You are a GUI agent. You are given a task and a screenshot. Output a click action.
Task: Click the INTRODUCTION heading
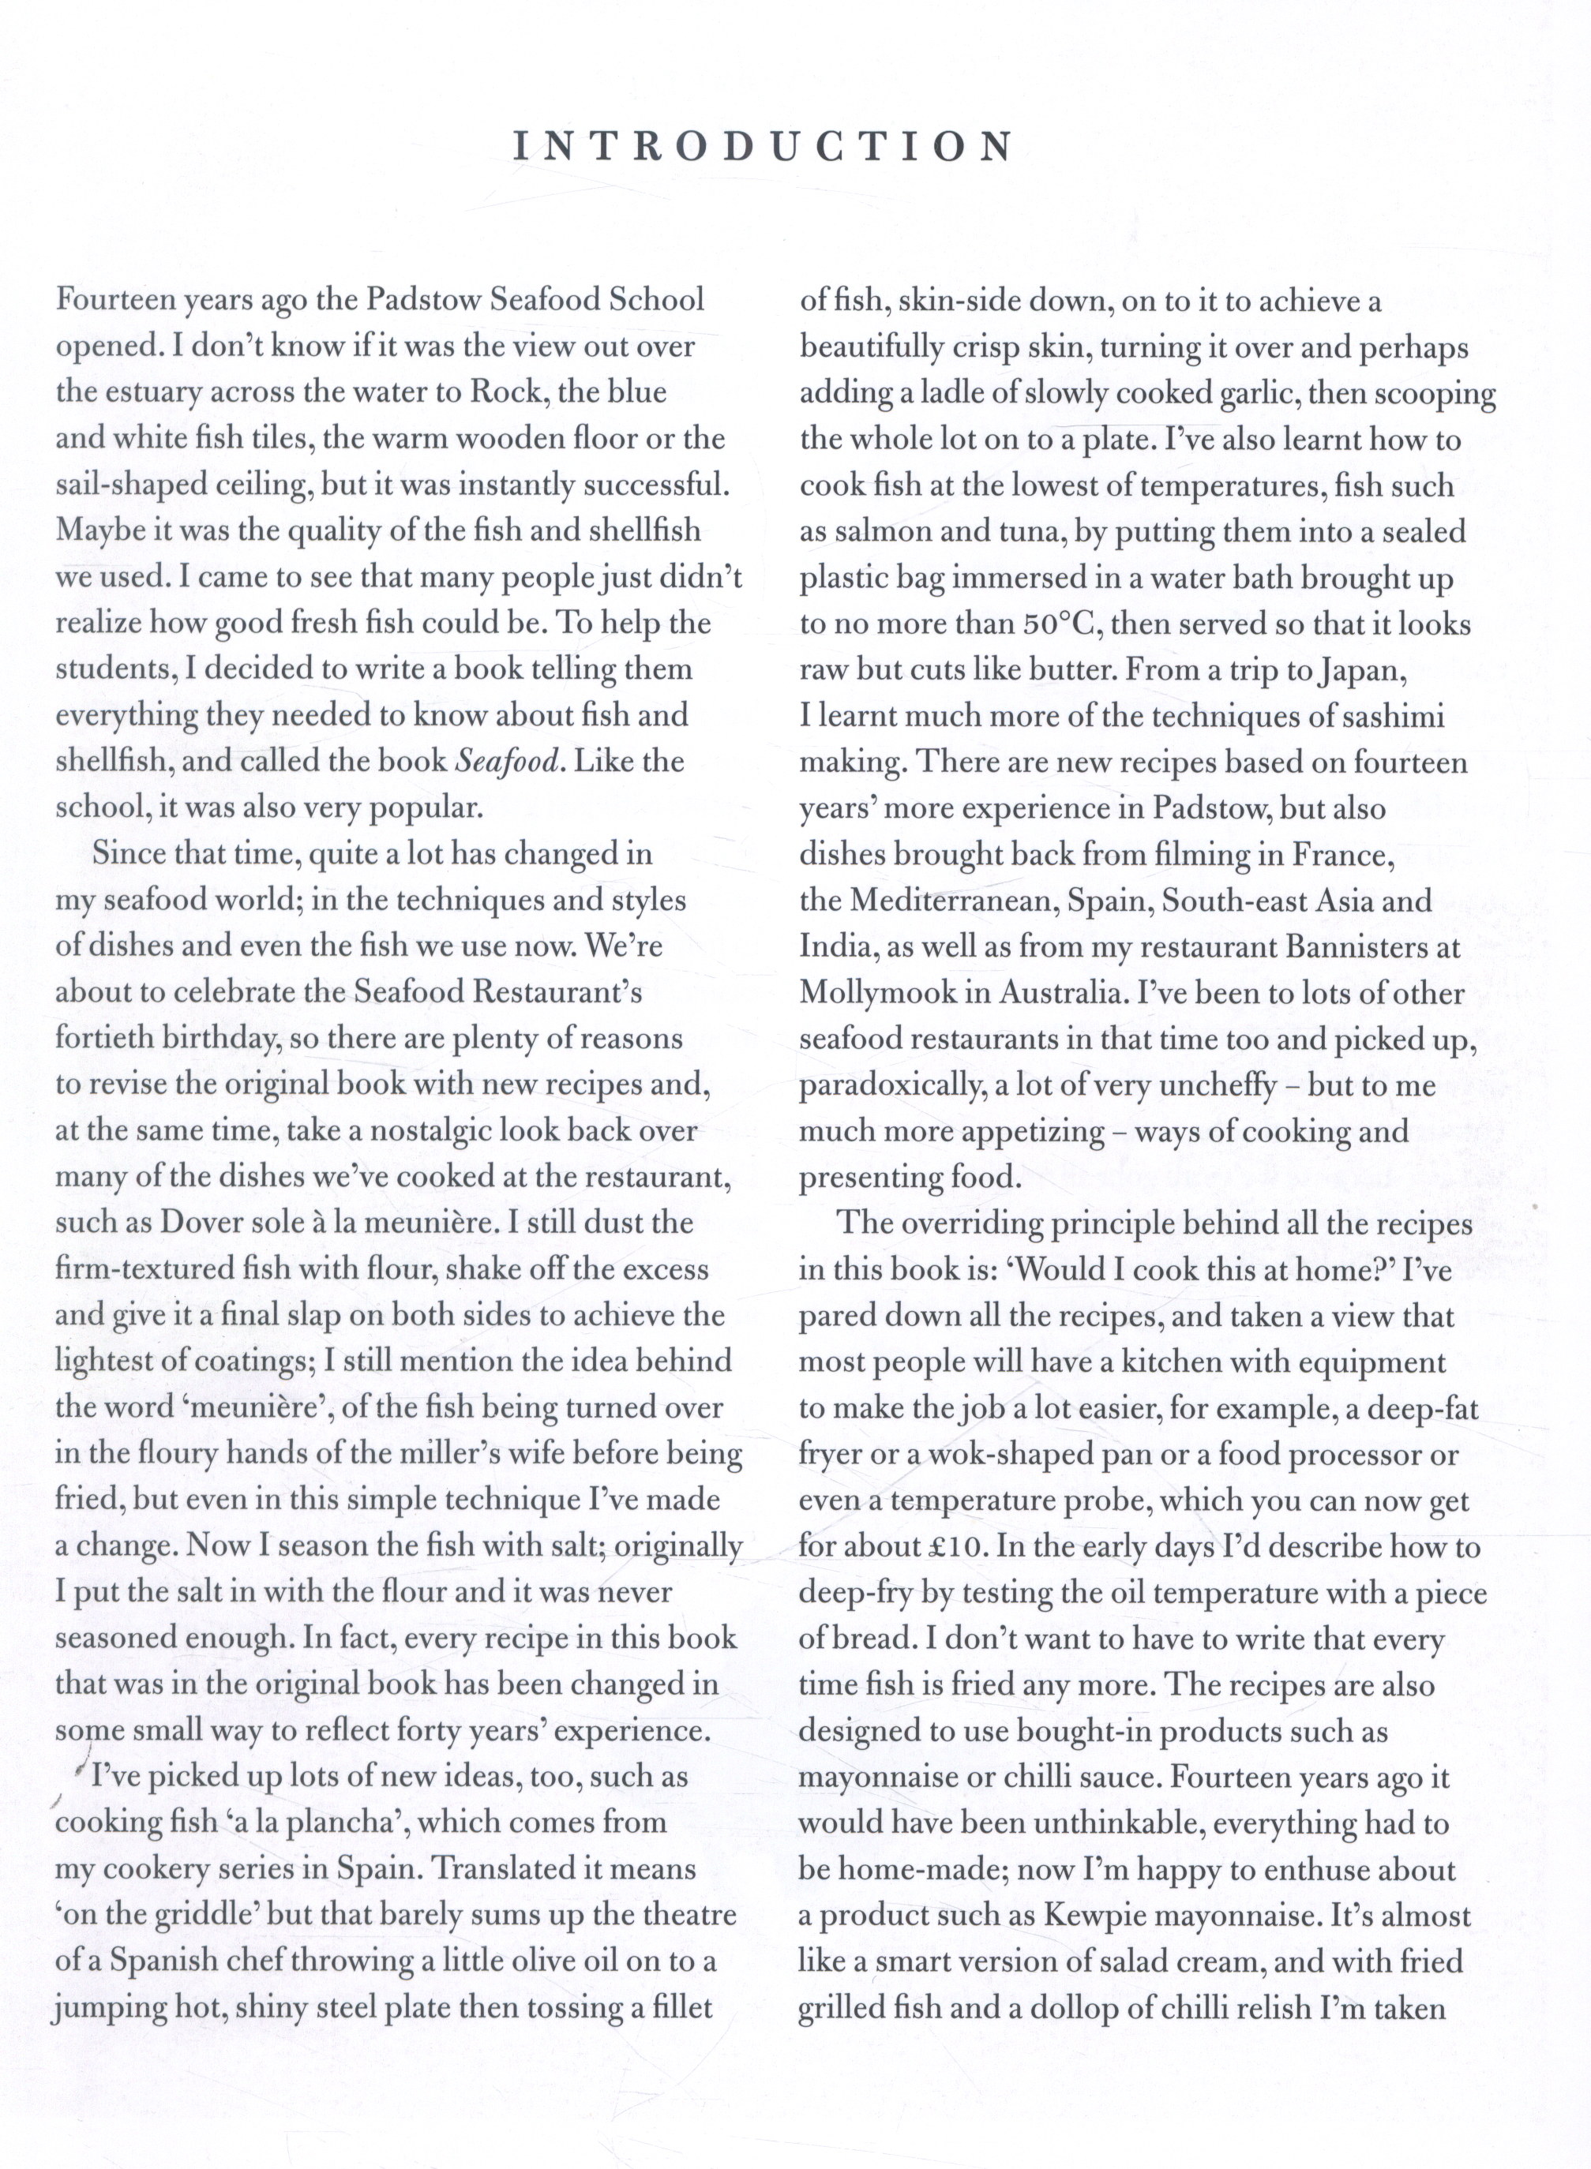click(763, 146)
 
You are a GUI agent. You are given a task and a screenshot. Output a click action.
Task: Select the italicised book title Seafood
click(505, 762)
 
